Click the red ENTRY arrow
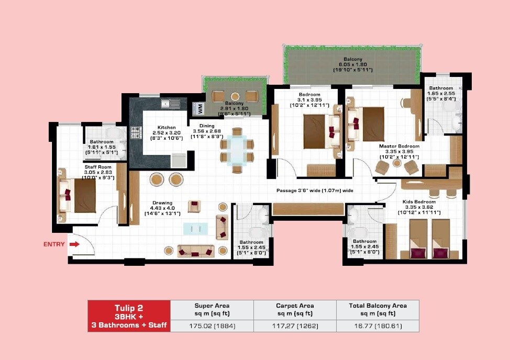pyautogui.click(x=74, y=244)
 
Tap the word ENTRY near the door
pyautogui.click(x=54, y=244)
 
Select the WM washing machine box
pyautogui.click(x=199, y=108)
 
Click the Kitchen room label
pyautogui.click(x=152, y=127)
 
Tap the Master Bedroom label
pyautogui.click(x=399, y=146)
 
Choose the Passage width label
pyautogui.click(x=314, y=191)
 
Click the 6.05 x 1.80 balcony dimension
pyautogui.click(x=352, y=64)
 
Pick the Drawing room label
pyautogui.click(x=162, y=203)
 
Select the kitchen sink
pyautogui.click(x=170, y=104)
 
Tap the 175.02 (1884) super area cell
pyautogui.click(x=212, y=325)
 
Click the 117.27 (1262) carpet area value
pyautogui.click(x=294, y=325)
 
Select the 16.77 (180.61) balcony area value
pyautogui.click(x=377, y=325)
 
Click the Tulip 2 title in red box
pyautogui.click(x=129, y=308)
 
